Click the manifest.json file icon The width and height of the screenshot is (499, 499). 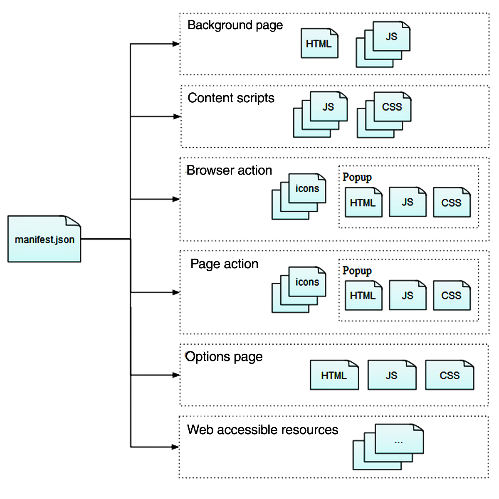pyautogui.click(x=44, y=239)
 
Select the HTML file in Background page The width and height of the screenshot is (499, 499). pyautogui.click(x=319, y=43)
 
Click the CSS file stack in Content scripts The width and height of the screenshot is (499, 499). pyautogui.click(x=384, y=114)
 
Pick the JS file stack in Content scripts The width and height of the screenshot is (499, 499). pyautogui.click(x=321, y=114)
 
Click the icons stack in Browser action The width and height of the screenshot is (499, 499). pyautogui.click(x=299, y=196)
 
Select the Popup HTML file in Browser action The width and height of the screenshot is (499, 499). pyautogui.click(x=363, y=203)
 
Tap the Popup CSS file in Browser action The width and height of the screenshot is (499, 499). pyautogui.click(x=451, y=203)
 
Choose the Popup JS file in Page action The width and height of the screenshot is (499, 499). pyautogui.click(x=408, y=295)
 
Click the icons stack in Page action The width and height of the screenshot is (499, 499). pyautogui.click(x=299, y=289)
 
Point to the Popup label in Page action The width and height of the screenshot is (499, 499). pyautogui.click(x=357, y=271)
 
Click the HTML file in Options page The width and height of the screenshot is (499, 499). pyautogui.click(x=334, y=375)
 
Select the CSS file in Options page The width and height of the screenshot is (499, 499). pyautogui.click(x=450, y=375)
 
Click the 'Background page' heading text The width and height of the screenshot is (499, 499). pyautogui.click(x=235, y=25)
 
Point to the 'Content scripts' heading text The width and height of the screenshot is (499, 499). pyautogui.click(x=231, y=98)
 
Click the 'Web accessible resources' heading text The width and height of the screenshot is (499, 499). pyautogui.click(x=262, y=430)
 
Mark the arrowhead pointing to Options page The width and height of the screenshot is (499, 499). pyautogui.click(x=176, y=375)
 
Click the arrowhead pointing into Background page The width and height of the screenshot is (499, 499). pyautogui.click(x=176, y=44)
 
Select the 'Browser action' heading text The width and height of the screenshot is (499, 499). pyautogui.click(x=229, y=170)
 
